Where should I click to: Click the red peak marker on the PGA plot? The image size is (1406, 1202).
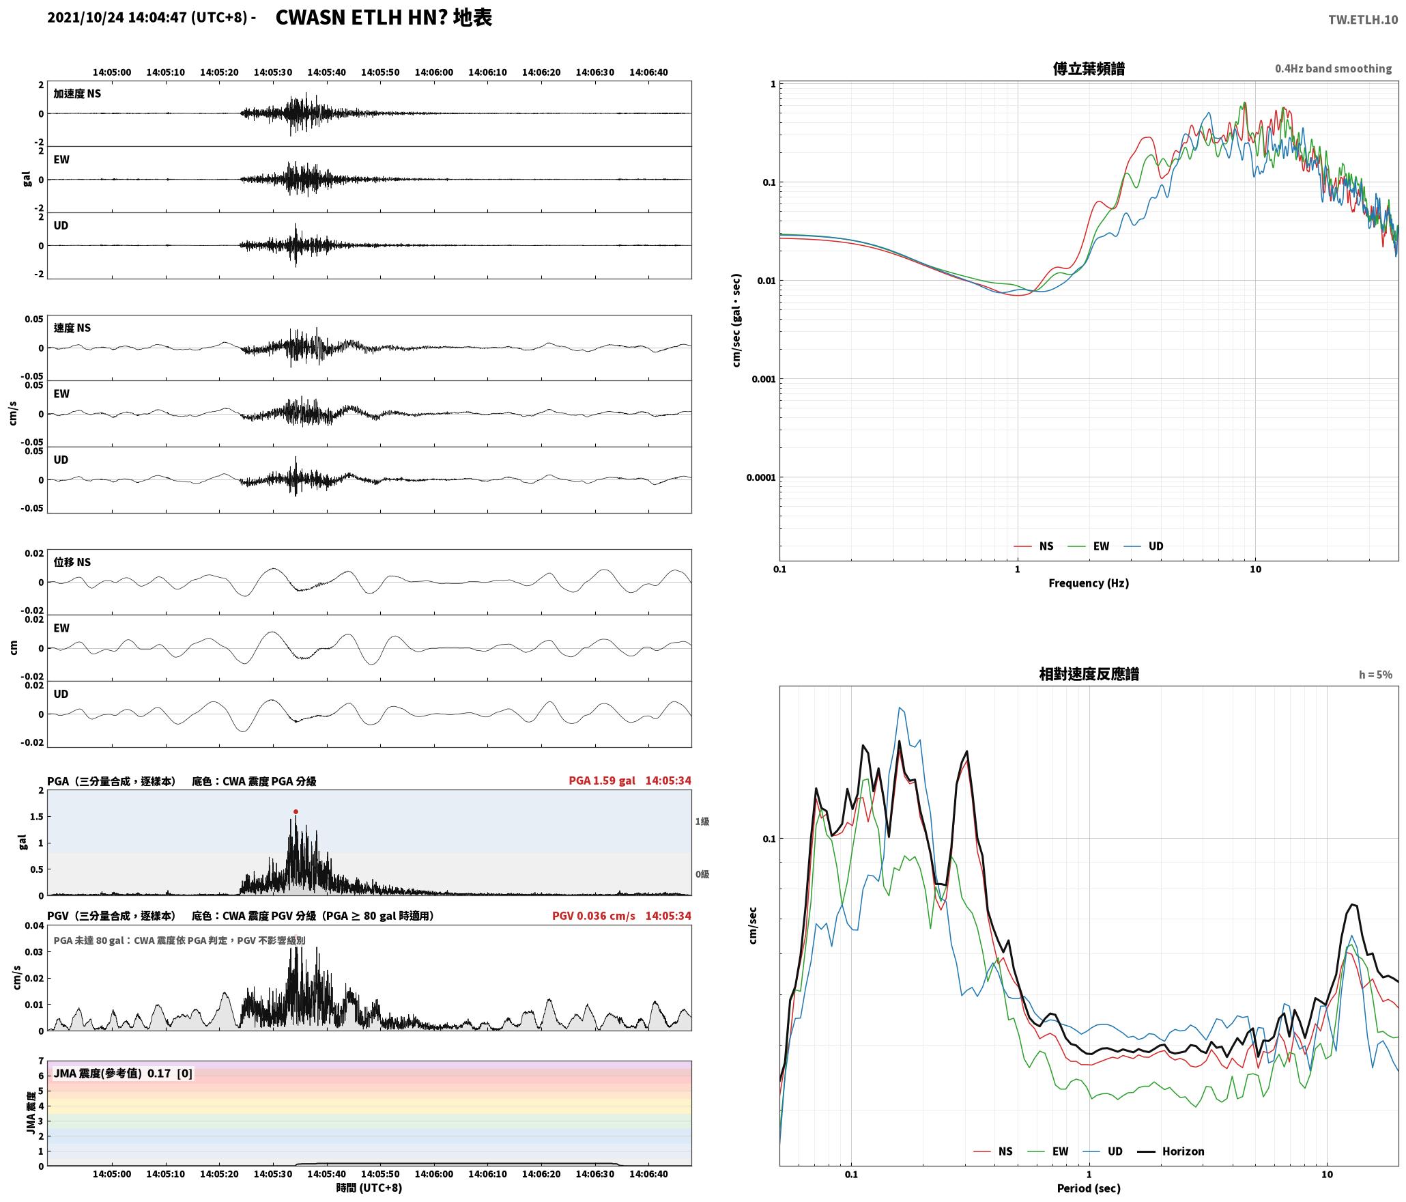coord(296,811)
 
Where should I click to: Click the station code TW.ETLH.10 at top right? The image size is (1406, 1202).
coord(1362,20)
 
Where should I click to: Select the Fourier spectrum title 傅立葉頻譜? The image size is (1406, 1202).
coord(1089,69)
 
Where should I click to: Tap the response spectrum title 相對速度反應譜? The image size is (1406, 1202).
coord(1089,674)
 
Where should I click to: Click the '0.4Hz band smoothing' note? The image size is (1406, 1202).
coord(1333,69)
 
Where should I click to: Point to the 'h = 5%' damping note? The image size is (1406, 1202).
coord(1375,675)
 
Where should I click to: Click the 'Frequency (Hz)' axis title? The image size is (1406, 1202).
coord(1089,583)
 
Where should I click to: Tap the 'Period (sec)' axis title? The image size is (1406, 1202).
coord(1089,1188)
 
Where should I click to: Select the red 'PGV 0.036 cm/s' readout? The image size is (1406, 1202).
coord(594,916)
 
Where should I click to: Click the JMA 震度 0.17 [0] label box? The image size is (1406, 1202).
coord(123,1074)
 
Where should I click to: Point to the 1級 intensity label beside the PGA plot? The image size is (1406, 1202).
coord(702,822)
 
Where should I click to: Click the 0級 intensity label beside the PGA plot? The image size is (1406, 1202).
coord(702,874)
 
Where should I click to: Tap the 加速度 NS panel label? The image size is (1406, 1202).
coord(77,94)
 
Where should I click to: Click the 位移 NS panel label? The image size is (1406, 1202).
coord(72,562)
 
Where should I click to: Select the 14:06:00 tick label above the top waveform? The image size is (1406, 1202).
coord(434,72)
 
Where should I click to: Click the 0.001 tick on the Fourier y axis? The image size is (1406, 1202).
coord(763,379)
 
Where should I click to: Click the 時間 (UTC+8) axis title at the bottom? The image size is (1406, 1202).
coord(369,1188)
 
